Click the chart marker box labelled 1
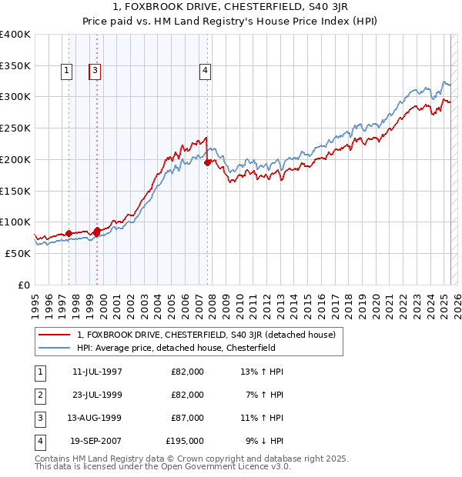click(67, 72)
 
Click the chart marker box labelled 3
click(95, 72)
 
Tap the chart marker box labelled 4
click(206, 72)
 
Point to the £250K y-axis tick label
click(15, 128)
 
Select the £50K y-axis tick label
click(18, 253)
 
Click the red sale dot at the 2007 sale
click(208, 162)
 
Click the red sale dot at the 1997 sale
click(69, 232)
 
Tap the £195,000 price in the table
click(185, 442)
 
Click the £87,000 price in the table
click(187, 419)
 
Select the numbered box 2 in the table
click(39, 395)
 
